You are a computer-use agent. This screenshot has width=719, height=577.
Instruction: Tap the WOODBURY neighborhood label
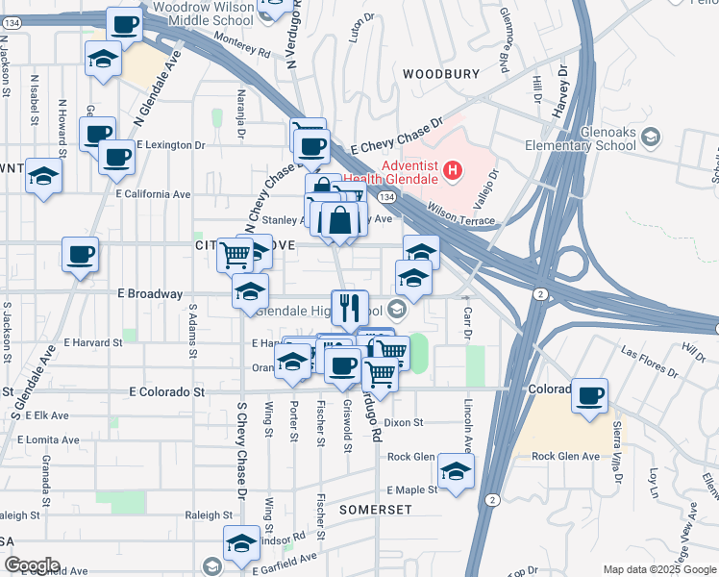440,73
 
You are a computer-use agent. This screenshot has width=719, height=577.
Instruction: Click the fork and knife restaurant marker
349,308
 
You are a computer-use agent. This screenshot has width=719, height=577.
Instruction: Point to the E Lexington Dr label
171,145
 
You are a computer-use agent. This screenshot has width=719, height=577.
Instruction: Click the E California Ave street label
153,193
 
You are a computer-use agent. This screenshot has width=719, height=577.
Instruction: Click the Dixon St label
404,422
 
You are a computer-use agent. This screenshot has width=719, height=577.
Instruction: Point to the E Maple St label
410,489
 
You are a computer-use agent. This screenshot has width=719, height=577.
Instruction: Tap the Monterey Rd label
246,41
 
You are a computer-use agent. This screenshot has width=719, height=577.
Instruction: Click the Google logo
32,565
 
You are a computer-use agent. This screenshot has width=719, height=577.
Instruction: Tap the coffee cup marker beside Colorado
589,394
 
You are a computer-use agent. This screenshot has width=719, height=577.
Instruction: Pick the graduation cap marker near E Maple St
456,471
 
